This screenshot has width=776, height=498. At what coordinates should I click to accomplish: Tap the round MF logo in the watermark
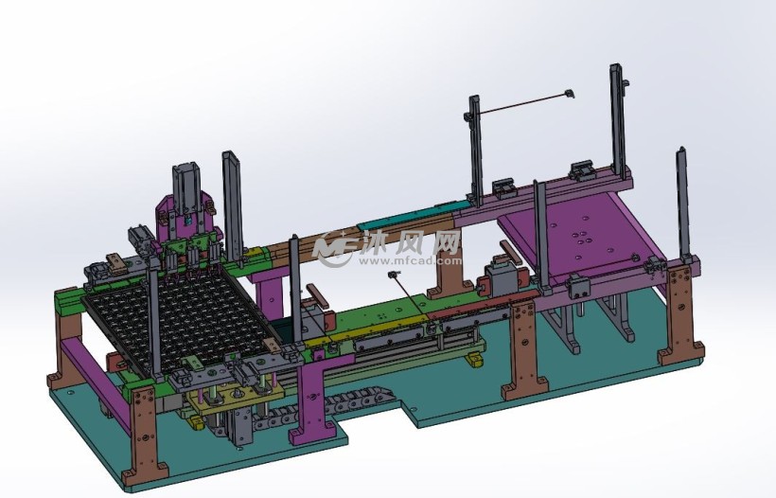point(336,248)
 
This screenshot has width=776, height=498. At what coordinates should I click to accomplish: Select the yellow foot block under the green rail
point(475,360)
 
